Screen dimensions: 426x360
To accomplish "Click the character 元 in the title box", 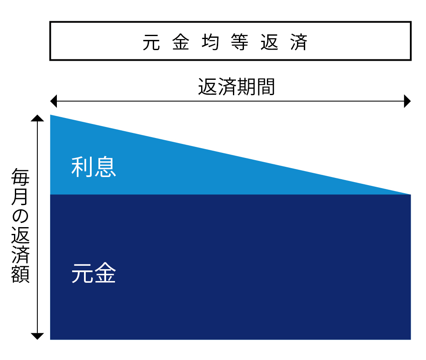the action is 151,42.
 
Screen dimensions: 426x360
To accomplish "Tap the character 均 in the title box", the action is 210,42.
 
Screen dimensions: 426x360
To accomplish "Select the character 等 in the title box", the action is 240,42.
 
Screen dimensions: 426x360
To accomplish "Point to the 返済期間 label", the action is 236,87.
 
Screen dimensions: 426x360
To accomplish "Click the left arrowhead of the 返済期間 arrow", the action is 53,101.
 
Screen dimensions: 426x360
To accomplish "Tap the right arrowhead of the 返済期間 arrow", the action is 407,101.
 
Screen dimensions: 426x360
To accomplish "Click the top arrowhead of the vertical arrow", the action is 37,118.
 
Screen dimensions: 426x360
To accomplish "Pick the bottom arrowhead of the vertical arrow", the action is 37,336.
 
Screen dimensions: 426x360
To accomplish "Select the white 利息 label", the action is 94,167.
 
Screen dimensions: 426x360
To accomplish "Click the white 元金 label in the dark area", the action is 94,273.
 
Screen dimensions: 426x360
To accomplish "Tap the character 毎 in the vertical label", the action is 20,177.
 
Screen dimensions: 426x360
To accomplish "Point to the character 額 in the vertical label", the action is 20,274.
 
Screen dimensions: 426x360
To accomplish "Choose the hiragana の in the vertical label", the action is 20,216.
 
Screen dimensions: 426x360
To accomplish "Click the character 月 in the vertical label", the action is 20,196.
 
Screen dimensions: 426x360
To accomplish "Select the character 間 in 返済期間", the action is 266,87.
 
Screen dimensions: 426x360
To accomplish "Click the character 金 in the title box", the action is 181,42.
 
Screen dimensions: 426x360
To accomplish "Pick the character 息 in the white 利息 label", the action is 105,167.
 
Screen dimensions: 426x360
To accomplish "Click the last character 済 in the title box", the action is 299,42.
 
